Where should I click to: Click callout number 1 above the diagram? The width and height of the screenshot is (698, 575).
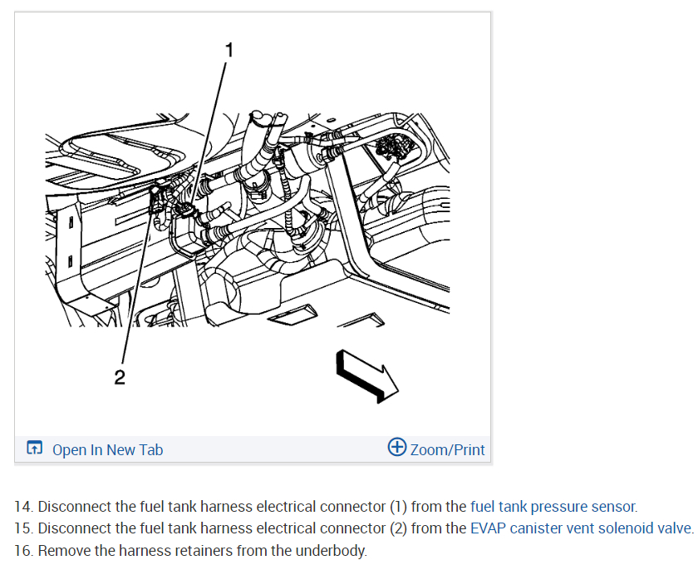click(x=229, y=50)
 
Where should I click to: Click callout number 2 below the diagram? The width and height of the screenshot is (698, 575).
click(x=120, y=378)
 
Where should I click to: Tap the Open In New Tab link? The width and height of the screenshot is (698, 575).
click(x=107, y=450)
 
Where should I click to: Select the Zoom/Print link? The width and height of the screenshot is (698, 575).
click(x=447, y=450)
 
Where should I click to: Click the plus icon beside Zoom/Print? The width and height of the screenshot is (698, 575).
click(x=397, y=448)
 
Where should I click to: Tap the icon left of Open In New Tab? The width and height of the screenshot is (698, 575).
click(x=34, y=449)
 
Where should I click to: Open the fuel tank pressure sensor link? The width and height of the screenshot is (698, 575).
click(x=553, y=506)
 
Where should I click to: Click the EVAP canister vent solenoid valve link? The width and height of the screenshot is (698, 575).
click(x=580, y=528)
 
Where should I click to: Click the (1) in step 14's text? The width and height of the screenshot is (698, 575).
click(x=399, y=506)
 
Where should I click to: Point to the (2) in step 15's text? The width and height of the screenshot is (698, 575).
click(x=399, y=528)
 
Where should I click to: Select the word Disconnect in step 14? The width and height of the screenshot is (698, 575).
click(x=72, y=506)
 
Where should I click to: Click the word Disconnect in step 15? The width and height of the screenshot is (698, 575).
click(x=72, y=528)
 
